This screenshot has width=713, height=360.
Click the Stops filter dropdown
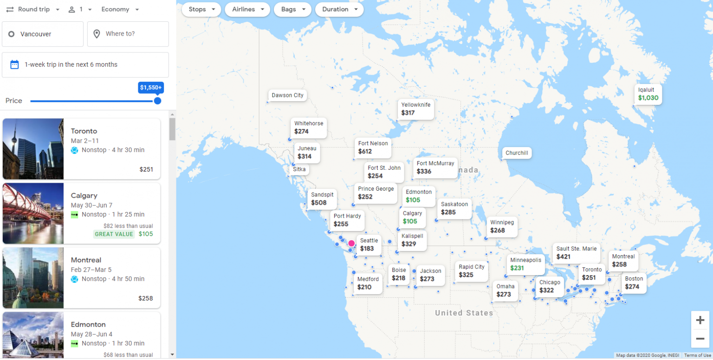(201, 9)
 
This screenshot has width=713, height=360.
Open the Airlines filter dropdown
(247, 9)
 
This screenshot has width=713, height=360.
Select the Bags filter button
(292, 9)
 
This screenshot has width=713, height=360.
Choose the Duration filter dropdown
(339, 9)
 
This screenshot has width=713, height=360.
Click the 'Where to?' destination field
(128, 34)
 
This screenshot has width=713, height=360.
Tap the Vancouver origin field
(43, 34)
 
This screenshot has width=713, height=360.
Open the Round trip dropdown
(33, 9)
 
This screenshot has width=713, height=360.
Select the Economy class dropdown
(120, 9)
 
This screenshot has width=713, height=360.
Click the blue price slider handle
(157, 101)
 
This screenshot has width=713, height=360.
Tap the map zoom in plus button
(700, 320)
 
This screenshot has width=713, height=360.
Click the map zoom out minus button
(700, 339)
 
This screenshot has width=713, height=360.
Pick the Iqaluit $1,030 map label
(648, 94)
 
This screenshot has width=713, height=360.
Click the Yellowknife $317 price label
(415, 109)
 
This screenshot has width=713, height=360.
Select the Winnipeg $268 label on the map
(501, 226)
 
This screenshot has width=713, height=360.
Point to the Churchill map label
(516, 153)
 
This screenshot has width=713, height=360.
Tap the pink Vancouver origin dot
(351, 243)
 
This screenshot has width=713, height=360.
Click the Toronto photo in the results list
(33, 148)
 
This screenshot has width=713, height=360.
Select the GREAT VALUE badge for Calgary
(114, 234)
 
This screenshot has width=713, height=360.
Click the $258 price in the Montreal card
(145, 298)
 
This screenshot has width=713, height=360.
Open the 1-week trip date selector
(85, 64)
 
